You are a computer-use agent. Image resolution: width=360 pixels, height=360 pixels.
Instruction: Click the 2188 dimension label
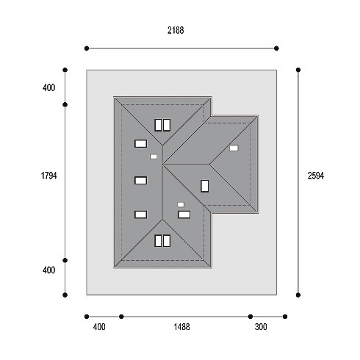click(x=176, y=30)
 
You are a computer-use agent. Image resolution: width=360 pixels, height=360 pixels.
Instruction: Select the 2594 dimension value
click(x=316, y=176)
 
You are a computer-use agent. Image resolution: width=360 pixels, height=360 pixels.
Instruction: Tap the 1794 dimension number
click(x=48, y=176)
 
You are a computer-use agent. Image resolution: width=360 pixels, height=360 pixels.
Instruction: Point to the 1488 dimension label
click(x=181, y=327)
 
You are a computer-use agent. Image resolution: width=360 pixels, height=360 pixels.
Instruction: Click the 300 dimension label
click(x=261, y=327)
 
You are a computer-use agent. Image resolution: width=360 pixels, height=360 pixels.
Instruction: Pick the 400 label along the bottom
click(x=99, y=327)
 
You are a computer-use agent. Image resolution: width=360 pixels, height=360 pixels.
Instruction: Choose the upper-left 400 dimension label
click(x=48, y=87)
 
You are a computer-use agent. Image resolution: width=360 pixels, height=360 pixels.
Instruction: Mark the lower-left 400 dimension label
click(x=48, y=270)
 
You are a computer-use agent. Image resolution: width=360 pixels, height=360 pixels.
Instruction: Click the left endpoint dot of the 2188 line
click(x=87, y=48)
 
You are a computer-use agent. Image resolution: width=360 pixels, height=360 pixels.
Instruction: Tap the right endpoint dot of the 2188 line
click(x=276, y=48)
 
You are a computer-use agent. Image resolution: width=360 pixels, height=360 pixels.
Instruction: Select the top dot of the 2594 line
click(x=298, y=70)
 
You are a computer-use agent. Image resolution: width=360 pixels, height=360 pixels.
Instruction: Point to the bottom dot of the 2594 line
click(x=298, y=295)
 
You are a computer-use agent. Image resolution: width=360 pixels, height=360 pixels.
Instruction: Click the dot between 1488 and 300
click(x=251, y=317)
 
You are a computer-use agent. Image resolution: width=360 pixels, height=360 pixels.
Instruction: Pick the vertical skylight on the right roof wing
click(x=205, y=186)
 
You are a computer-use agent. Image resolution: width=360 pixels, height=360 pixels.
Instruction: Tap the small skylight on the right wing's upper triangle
click(x=234, y=148)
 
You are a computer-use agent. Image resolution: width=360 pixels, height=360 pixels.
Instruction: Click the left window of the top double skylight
click(x=158, y=125)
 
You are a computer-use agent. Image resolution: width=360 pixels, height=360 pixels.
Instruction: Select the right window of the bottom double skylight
click(x=167, y=241)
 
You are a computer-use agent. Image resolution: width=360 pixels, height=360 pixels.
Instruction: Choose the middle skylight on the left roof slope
click(x=141, y=181)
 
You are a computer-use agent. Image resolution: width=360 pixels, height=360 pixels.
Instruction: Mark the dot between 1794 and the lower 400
click(x=65, y=260)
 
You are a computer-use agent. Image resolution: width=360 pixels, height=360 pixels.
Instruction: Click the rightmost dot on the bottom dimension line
click(x=285, y=317)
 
